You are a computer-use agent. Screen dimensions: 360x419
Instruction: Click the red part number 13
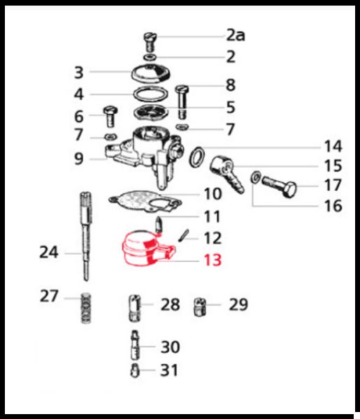(x=213, y=260)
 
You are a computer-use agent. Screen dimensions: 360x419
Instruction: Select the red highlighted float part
(x=147, y=249)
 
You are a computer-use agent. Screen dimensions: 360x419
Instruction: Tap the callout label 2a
(x=236, y=35)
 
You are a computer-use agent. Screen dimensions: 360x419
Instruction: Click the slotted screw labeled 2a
(x=150, y=42)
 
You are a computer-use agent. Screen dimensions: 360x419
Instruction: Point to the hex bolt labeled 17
(x=279, y=186)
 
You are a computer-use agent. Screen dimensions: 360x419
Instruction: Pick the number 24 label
(x=49, y=252)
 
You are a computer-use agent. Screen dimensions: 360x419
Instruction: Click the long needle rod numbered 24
(x=86, y=236)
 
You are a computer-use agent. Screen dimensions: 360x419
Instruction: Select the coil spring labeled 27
(x=86, y=308)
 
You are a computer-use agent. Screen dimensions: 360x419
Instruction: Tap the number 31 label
(x=169, y=370)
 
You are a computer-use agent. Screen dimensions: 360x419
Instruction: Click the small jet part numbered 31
(x=135, y=371)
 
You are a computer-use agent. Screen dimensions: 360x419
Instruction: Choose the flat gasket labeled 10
(x=145, y=202)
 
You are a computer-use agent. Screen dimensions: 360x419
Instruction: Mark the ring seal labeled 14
(x=197, y=157)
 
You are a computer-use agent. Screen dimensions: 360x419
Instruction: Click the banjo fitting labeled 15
(x=226, y=173)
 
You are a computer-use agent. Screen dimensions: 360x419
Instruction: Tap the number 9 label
(x=79, y=159)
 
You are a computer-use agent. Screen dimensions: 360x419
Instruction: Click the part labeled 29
(x=199, y=307)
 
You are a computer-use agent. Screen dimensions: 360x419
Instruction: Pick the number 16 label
(x=333, y=206)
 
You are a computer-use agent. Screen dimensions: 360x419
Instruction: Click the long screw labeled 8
(x=182, y=102)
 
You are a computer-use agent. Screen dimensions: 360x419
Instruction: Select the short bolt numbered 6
(x=110, y=117)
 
